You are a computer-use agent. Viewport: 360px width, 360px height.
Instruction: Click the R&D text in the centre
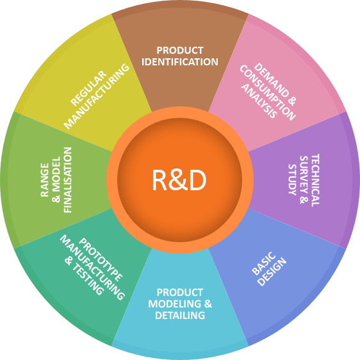click(179, 180)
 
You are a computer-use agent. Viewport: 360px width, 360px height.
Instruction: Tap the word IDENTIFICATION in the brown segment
click(180, 62)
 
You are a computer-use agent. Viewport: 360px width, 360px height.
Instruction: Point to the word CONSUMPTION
click(268, 92)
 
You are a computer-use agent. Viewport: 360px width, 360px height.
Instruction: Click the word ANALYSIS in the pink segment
click(259, 101)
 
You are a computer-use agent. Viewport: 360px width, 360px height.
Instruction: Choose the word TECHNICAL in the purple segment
click(315, 180)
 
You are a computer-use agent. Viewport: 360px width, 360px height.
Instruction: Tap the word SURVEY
click(304, 177)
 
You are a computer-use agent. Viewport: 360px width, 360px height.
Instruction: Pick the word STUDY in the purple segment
click(292, 180)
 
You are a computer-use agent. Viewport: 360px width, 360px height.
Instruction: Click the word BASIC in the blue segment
click(263, 263)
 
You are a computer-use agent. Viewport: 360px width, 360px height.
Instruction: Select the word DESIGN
click(272, 272)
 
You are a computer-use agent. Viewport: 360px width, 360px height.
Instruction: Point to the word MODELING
click(175, 304)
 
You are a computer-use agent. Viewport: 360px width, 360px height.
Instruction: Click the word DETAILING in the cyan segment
click(180, 315)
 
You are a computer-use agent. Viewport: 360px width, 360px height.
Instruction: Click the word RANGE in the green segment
click(45, 180)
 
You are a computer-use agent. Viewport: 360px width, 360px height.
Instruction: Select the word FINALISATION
click(68, 180)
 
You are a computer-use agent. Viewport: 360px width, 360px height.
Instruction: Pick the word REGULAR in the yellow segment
click(88, 88)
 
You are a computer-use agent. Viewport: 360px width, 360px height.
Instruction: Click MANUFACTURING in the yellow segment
click(97, 96)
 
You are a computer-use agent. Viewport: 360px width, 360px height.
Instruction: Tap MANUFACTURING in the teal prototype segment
click(92, 268)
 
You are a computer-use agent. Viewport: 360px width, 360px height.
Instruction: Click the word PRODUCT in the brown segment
click(180, 51)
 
